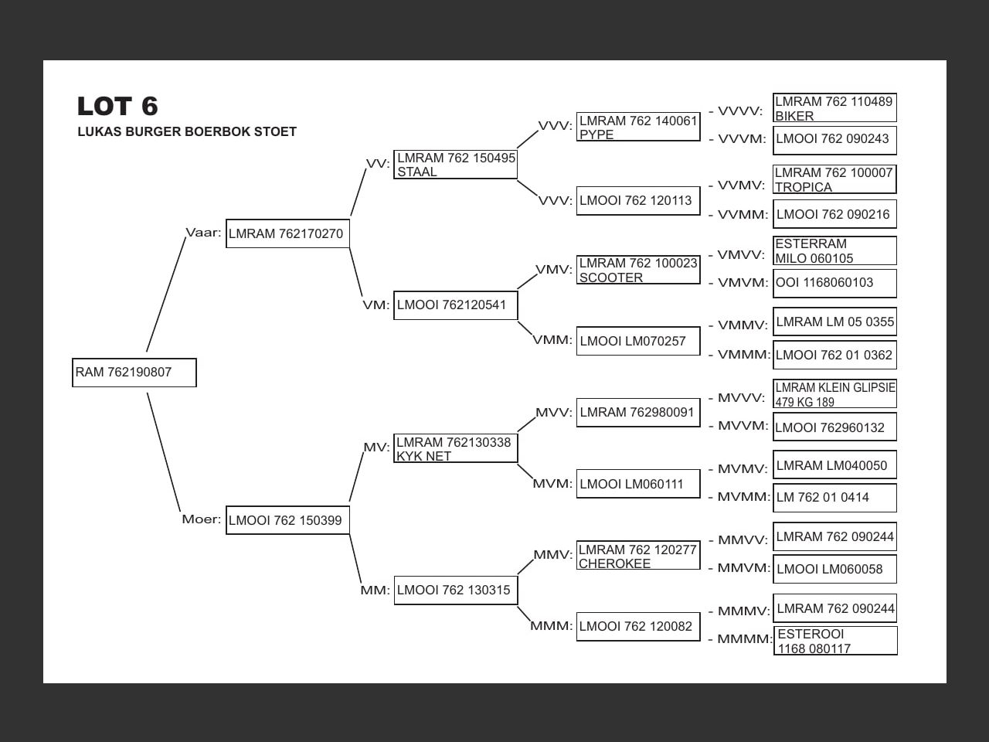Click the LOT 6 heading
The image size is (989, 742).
coord(117,106)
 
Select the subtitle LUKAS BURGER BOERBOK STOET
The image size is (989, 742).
coord(187,132)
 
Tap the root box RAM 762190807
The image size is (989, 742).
coord(134,373)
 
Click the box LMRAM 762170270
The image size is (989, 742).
coord(287,233)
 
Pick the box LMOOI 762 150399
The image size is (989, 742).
coord(287,520)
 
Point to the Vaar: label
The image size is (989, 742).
coord(203,233)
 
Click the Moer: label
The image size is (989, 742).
coord(201,519)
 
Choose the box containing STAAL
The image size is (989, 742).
coord(456,165)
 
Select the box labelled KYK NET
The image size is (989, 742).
coord(456,449)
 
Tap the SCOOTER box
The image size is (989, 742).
coord(638,270)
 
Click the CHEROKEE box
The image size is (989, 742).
coord(638,556)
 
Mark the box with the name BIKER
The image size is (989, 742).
coord(834,108)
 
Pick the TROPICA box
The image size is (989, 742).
coord(834,179)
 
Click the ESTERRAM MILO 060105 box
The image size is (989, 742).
coord(834,250)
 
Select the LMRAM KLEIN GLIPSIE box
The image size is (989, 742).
coord(834,394)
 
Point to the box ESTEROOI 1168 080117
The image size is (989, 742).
coord(835,641)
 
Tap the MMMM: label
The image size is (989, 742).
coord(744,639)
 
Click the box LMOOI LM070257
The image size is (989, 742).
coord(638,341)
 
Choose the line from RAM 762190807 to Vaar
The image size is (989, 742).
coord(166,294)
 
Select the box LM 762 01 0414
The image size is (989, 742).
coord(834,498)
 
